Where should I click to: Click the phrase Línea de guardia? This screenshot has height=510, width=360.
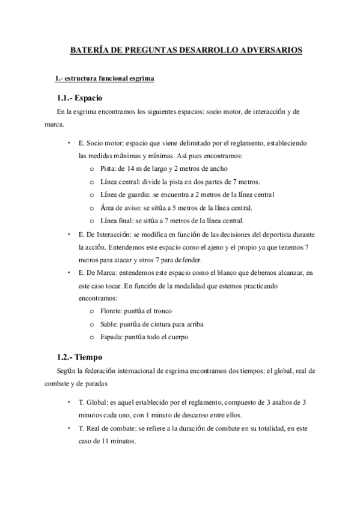123,194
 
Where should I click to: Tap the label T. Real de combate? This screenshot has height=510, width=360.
108,427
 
